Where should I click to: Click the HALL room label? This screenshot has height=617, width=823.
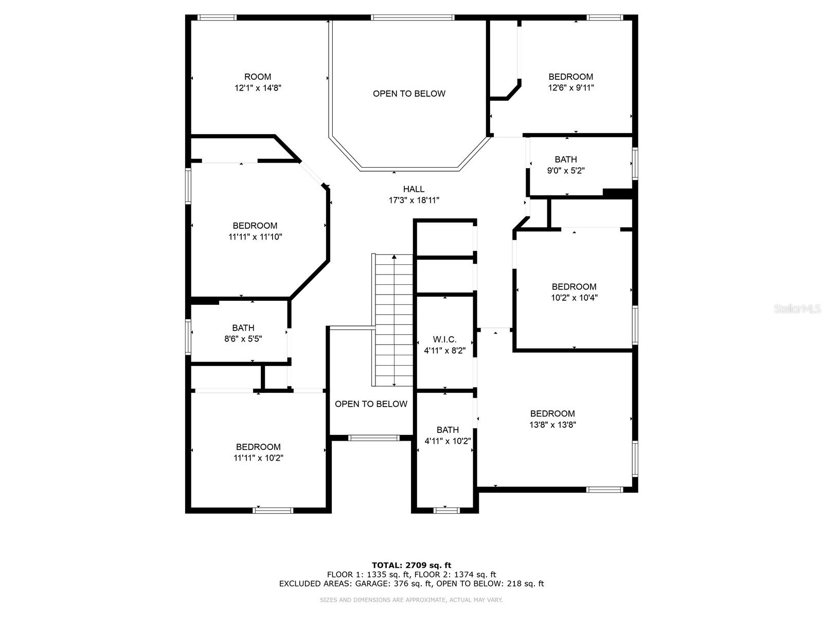click(414, 189)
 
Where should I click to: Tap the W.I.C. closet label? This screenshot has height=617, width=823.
click(445, 339)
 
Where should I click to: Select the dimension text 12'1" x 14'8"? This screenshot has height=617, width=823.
click(258, 88)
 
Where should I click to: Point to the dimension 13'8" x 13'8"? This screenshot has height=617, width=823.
click(553, 425)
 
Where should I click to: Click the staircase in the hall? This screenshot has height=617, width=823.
click(394, 320)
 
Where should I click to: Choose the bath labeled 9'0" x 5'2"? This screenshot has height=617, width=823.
click(566, 165)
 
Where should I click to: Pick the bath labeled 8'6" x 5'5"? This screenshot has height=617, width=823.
click(243, 333)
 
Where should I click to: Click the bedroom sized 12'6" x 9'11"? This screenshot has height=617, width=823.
click(570, 82)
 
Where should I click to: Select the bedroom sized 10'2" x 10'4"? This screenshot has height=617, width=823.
click(574, 292)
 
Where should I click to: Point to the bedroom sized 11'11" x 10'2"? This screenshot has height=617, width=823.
click(258, 452)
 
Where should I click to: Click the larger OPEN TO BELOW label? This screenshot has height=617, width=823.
click(409, 94)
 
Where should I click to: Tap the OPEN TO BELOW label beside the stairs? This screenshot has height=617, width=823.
click(371, 404)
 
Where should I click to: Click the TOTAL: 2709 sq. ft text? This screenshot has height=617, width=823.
click(411, 565)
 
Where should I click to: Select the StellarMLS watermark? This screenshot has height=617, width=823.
click(797, 309)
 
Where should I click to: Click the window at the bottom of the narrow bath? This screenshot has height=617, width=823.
click(446, 510)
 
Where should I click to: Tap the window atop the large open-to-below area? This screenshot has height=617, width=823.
click(413, 17)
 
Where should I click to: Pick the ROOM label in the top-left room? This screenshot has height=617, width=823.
click(258, 77)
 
